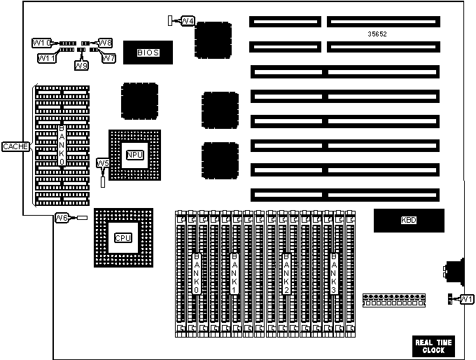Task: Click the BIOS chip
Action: click(147, 52)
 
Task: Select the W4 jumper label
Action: click(187, 21)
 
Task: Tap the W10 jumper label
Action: click(40, 43)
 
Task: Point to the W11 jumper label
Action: click(45, 58)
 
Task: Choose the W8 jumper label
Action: click(106, 43)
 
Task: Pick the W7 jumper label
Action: click(108, 58)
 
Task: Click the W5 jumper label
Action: click(102, 163)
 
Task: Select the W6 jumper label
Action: click(62, 218)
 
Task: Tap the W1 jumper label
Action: click(466, 300)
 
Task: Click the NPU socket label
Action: click(134, 155)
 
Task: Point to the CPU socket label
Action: click(122, 237)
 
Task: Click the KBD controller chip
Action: click(409, 221)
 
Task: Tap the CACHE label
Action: click(14, 146)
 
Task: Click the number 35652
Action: click(377, 34)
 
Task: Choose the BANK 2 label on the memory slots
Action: click(285, 273)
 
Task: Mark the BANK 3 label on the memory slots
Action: click(334, 273)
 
